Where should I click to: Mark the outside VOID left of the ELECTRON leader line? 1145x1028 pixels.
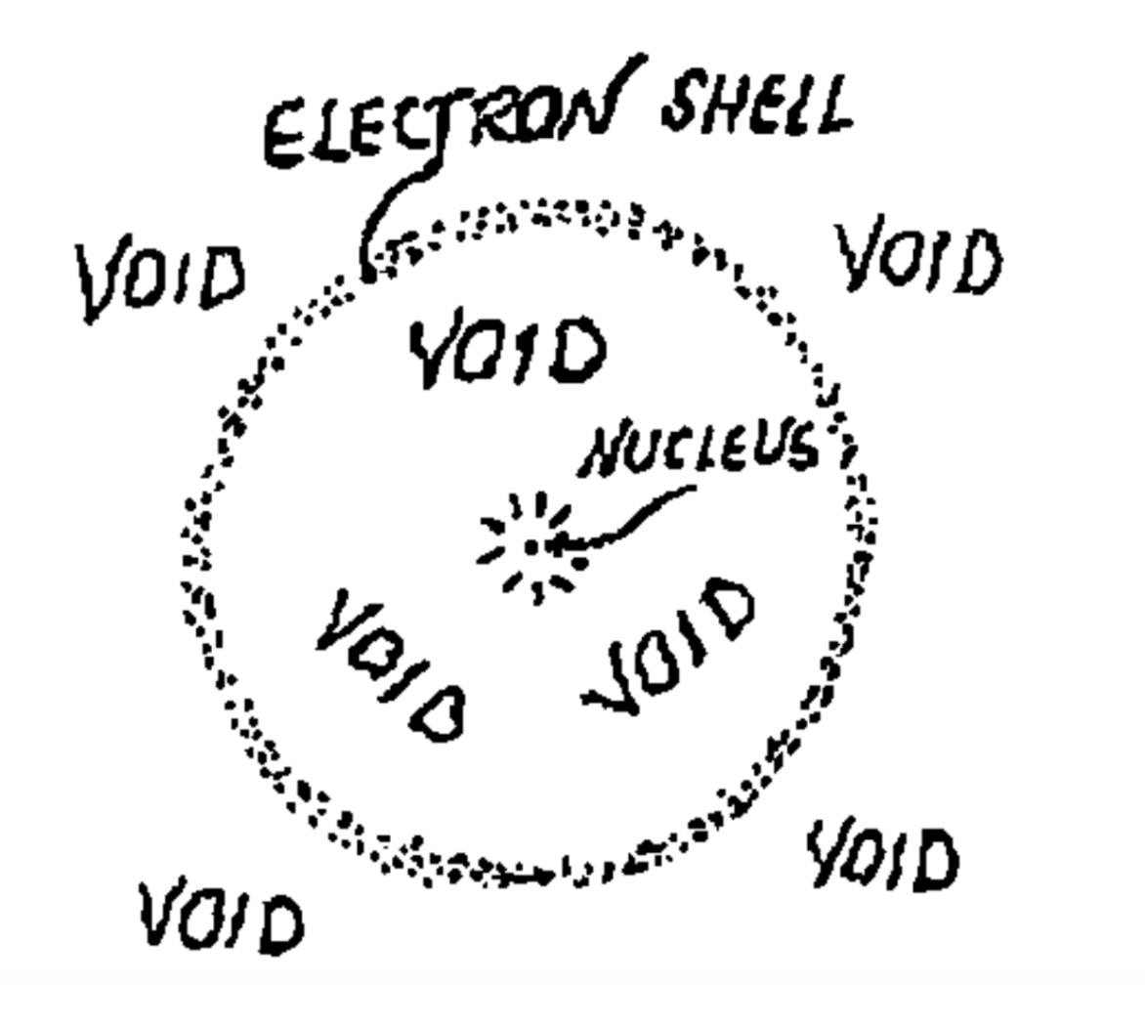coord(162,278)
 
